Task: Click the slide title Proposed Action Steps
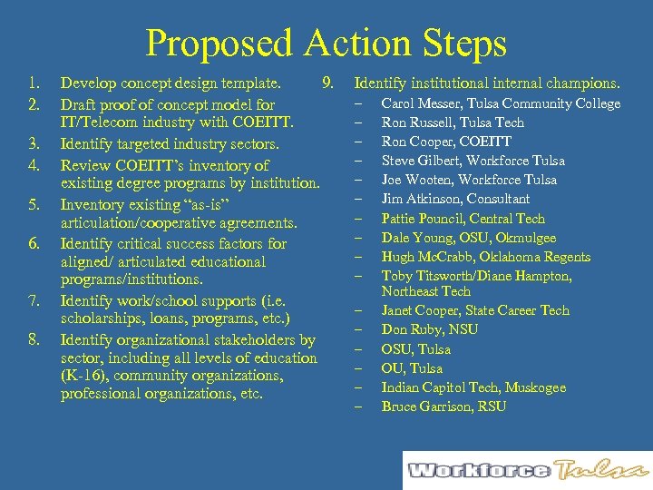326,43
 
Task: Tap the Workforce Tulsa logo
527,470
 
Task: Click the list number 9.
329,84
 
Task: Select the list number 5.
33,204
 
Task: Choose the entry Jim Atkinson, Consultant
455,199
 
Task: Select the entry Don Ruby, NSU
429,329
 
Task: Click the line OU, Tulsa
412,368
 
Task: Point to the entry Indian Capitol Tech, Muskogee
473,387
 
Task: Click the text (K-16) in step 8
81,376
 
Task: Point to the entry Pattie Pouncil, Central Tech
463,219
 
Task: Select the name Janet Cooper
422,310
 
